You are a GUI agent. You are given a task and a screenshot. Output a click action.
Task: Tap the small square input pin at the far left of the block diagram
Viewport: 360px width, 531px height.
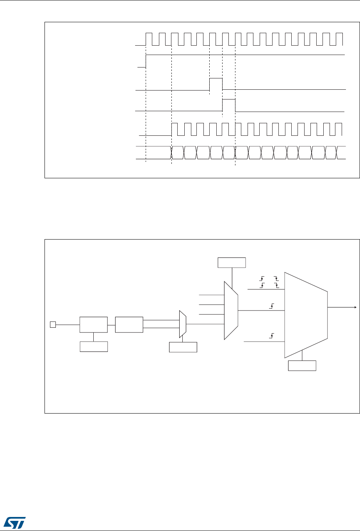point(52,324)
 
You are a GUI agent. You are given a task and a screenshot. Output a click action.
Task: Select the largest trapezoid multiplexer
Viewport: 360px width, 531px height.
point(305,314)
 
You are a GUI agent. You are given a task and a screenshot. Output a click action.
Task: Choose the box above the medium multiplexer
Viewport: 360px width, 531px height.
point(232,263)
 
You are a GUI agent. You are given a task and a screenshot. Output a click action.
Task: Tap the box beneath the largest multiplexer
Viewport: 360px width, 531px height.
point(302,366)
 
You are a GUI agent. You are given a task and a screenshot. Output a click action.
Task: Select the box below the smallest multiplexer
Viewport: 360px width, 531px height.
point(183,347)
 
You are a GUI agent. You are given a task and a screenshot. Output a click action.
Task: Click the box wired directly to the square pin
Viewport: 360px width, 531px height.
point(93,325)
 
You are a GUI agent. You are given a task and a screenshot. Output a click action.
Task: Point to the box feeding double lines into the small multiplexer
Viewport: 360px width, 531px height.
point(129,325)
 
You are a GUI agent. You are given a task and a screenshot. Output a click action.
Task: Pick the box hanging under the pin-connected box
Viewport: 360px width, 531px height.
point(94,346)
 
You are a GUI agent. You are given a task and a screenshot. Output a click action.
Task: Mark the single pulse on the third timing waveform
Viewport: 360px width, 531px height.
point(216,84)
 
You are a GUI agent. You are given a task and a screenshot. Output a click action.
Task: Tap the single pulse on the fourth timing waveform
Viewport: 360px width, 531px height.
point(229,105)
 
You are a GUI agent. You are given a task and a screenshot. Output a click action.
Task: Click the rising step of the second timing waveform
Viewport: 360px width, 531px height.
point(146,61)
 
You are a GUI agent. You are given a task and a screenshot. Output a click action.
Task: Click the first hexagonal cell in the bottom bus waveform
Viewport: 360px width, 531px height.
point(178,152)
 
